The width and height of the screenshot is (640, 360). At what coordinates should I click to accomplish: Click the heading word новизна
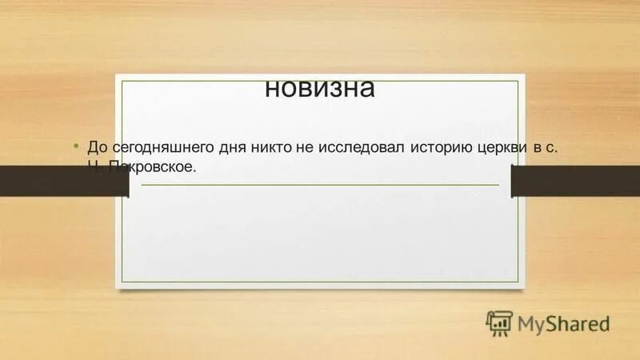coord(319,86)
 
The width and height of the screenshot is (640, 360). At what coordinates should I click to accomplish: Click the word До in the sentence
coord(98,148)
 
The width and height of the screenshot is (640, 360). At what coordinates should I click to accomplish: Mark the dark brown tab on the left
coord(64,180)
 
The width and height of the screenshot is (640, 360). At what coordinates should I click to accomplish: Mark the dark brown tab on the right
coord(575,180)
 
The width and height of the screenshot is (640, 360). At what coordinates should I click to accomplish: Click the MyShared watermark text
coord(563,323)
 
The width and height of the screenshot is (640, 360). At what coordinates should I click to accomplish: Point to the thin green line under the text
coord(319,186)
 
